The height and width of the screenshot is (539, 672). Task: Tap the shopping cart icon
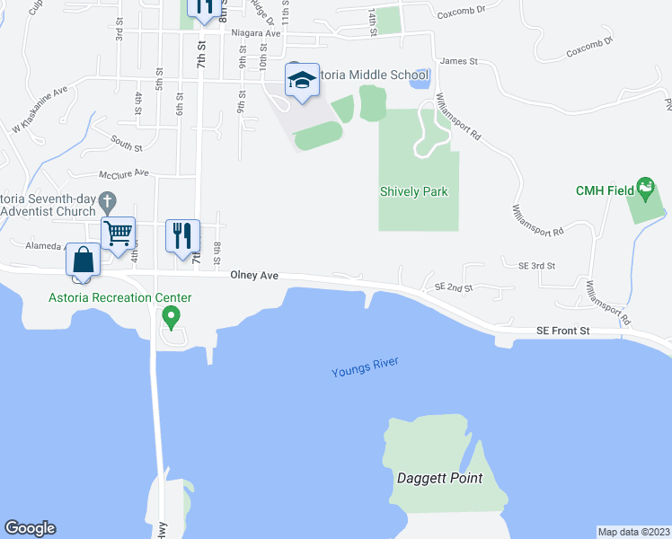(x=119, y=234)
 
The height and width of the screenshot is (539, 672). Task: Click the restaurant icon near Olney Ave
(x=182, y=235)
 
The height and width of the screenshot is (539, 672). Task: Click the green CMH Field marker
(x=645, y=189)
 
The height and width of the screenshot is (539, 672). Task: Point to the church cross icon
(x=108, y=201)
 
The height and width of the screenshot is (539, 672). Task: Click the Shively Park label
(x=413, y=191)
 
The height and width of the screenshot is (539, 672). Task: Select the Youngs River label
(x=364, y=367)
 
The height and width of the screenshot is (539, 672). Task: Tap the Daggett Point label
(x=440, y=478)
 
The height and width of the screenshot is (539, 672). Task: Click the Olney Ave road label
(x=254, y=276)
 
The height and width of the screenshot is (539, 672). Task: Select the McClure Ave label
(x=125, y=172)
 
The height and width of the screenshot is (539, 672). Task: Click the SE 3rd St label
(x=537, y=266)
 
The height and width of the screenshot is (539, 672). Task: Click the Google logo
(x=30, y=528)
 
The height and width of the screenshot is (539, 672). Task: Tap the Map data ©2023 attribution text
(x=633, y=532)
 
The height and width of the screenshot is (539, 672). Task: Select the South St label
(x=128, y=140)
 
